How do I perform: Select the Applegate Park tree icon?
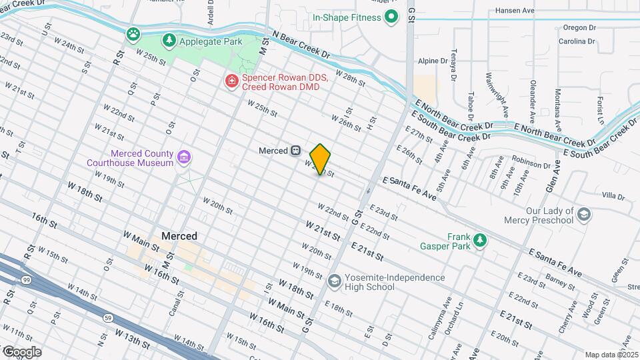pos(170,41)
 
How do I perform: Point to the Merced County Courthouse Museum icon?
pos(185,158)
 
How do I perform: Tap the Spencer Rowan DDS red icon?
pos(231,81)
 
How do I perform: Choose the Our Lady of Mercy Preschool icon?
pos(584,215)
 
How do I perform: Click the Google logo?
pos(21,351)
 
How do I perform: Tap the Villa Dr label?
pos(613,196)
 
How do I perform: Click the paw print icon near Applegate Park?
pos(135,33)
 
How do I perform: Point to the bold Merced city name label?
pos(179,236)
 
